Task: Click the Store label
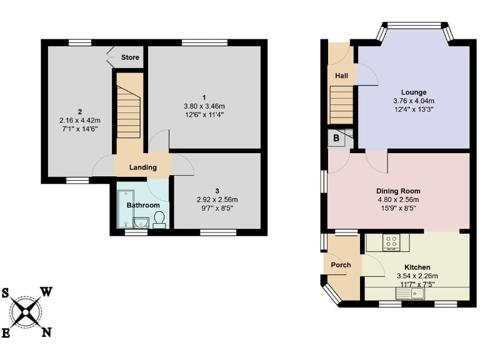(130, 57)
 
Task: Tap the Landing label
(142, 167)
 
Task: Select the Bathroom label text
(143, 205)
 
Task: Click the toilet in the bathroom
(159, 219)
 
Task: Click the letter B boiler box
(336, 139)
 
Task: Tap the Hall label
(341, 76)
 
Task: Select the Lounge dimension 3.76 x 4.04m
(414, 101)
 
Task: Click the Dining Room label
(398, 191)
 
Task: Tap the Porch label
(341, 265)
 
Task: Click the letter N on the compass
(46, 332)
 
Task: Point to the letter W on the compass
(47, 292)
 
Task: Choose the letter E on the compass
(6, 333)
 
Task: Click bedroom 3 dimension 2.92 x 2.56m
(217, 199)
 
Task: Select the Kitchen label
(417, 267)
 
